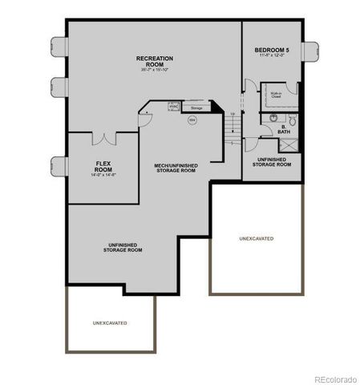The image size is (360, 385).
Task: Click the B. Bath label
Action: pyautogui.click(x=284, y=129)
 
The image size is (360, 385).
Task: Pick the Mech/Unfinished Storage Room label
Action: pyautogui.click(x=175, y=168)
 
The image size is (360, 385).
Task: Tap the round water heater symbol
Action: pyautogui.click(x=192, y=120)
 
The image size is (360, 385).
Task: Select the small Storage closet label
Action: pyautogui.click(x=196, y=107)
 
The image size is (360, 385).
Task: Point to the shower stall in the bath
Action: pyautogui.click(x=285, y=146)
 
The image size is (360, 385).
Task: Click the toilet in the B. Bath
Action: pyautogui.click(x=293, y=121)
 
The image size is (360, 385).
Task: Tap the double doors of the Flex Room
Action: pyautogui.click(x=104, y=139)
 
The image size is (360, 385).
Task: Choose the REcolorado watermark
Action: pyautogui.click(x=334, y=379)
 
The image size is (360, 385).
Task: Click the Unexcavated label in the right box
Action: pyautogui.click(x=257, y=238)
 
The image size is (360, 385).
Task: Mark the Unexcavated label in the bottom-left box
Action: pyautogui.click(x=110, y=322)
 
